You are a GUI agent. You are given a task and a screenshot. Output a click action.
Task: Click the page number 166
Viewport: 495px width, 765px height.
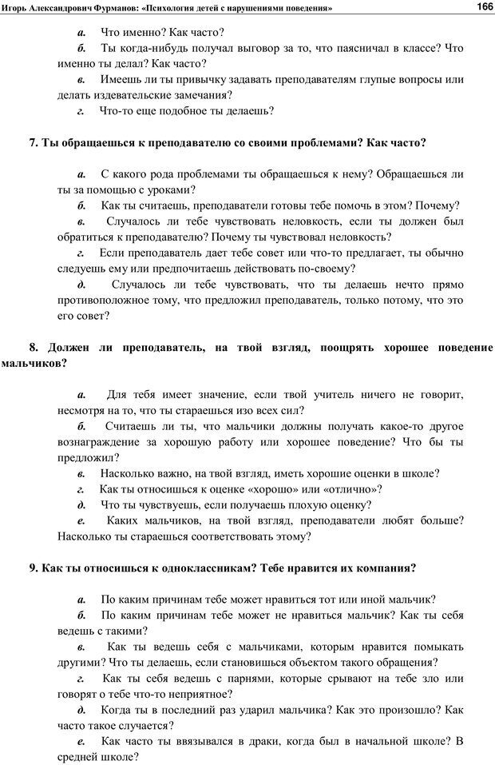[484, 6]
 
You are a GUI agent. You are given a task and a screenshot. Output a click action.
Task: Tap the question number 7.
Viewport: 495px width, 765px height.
[34, 143]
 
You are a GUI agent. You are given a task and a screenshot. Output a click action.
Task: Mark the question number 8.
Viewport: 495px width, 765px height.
[34, 347]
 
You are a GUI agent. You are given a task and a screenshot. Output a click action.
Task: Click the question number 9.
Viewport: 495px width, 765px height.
[34, 568]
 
